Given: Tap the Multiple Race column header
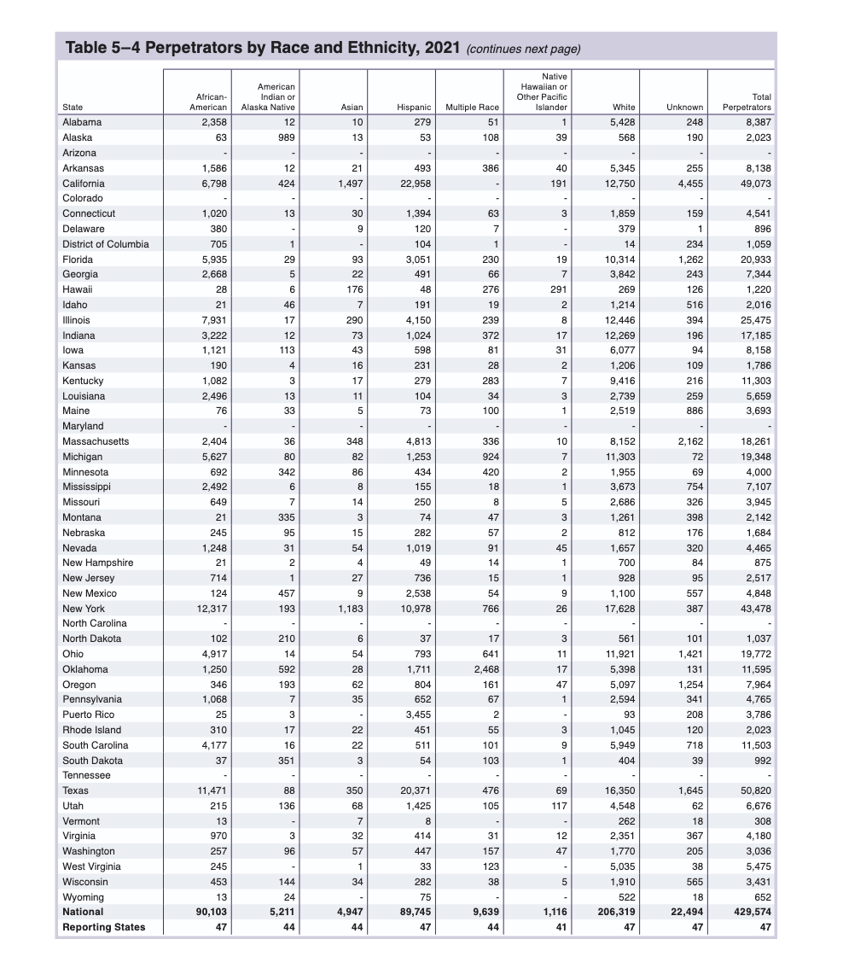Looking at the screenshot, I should pyautogui.click(x=472, y=108).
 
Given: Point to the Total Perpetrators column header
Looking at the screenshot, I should pyautogui.click(x=747, y=102).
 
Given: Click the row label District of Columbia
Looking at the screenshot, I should pyautogui.click(x=105, y=244).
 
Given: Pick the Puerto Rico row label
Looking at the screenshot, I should pyautogui.click(x=88, y=715).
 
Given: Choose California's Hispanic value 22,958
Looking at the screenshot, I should pyautogui.click(x=410, y=184).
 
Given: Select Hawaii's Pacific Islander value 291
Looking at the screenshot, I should pyautogui.click(x=559, y=289).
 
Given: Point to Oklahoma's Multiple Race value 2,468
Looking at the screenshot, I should pyautogui.click(x=482, y=669).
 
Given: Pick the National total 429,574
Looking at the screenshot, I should pyautogui.click(x=749, y=912).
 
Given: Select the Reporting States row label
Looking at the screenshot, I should pyautogui.click(x=103, y=927).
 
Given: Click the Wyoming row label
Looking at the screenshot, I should pyautogui.click(x=83, y=897).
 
